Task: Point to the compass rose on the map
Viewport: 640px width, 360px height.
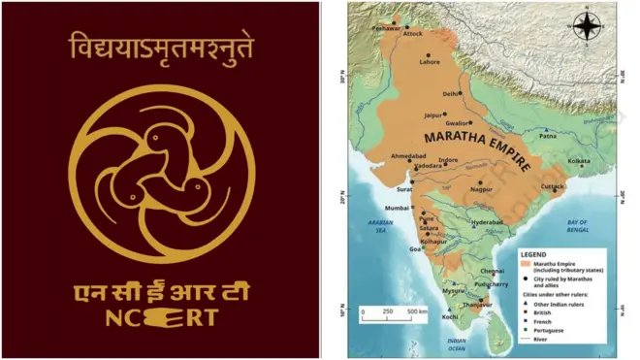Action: tap(588, 26)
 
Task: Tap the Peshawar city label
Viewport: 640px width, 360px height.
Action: tap(386, 29)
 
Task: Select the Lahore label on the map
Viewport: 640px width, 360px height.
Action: tap(430, 62)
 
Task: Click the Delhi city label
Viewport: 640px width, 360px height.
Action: tap(450, 93)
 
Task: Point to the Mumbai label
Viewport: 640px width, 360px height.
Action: tap(398, 209)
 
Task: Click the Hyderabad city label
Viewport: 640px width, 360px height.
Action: tap(488, 222)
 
